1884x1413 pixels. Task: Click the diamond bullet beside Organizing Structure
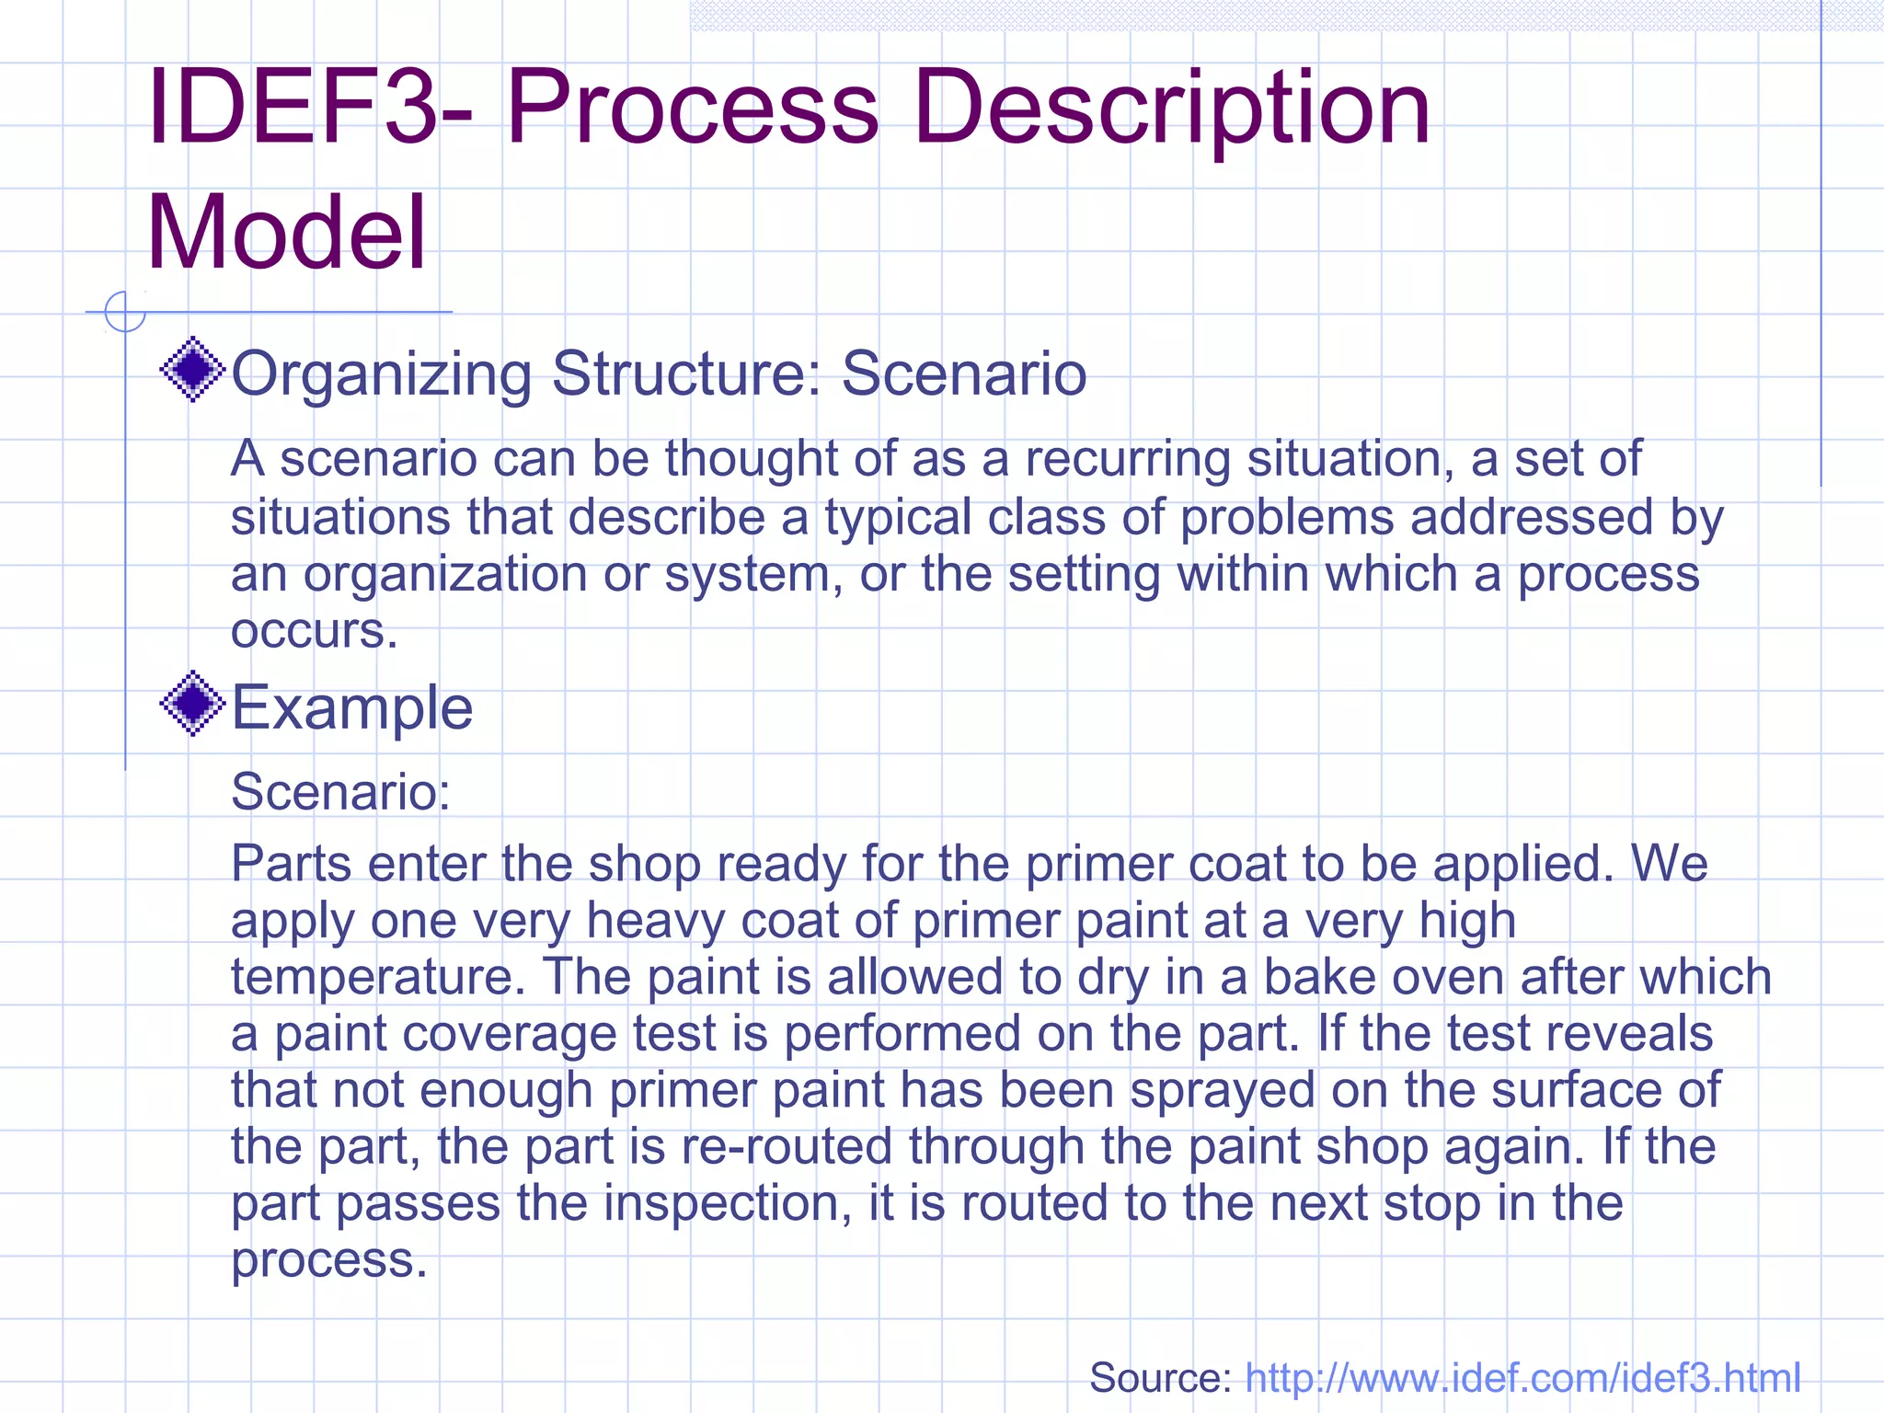192,370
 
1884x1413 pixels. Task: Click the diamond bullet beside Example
192,704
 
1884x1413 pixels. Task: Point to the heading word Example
351,708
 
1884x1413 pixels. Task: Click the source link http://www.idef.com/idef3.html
1522,1378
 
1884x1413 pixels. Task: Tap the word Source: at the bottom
1160,1378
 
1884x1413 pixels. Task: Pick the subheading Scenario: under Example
340,791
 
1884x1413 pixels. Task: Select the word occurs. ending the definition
314,631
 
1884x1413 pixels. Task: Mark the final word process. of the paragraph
328,1260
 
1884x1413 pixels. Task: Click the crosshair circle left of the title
125,312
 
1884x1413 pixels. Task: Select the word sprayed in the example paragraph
1223,1091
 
